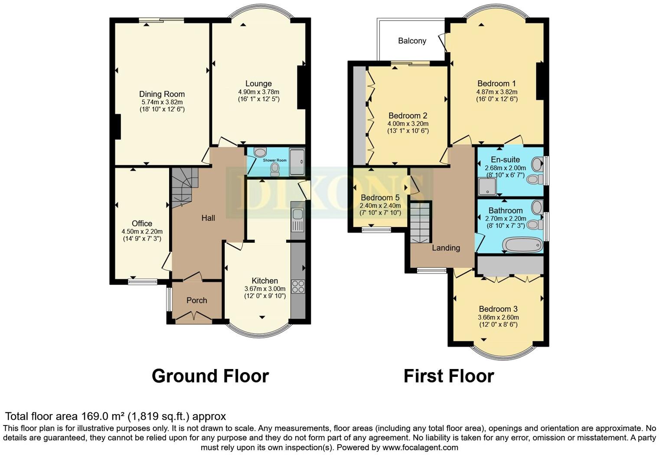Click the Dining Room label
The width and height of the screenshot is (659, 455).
pos(162,94)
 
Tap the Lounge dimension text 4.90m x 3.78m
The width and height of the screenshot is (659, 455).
pos(258,92)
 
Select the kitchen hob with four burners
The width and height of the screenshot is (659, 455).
pos(298,287)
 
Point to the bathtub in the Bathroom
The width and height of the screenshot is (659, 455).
pos(522,245)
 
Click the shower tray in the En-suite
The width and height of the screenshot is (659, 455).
pos(486,187)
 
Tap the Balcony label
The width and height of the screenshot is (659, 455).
pos(412,41)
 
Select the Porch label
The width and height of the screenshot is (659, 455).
pos(196,300)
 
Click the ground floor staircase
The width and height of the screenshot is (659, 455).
pos(184,187)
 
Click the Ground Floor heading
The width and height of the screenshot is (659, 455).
pos(210,376)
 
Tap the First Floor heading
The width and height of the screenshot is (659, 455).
pos(448,376)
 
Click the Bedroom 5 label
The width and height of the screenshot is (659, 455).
pos(380,198)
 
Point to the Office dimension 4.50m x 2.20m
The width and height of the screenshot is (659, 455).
pos(142,231)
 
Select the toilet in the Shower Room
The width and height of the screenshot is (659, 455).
pos(275,169)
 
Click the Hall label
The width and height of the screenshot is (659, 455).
pos(208,218)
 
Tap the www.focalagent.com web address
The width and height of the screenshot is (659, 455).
pos(420,447)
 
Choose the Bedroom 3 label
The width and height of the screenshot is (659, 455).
pos(498,309)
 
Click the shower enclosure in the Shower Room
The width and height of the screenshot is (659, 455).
pos(297,162)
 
